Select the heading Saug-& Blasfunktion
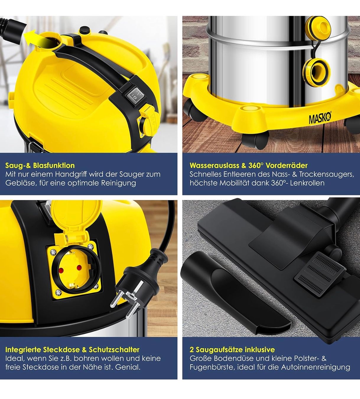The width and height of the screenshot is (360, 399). pyautogui.click(x=40, y=166)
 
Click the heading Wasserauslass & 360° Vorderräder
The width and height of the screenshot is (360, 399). pyautogui.click(x=248, y=166)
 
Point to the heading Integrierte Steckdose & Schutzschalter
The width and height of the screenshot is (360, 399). pyautogui.click(x=72, y=349)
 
